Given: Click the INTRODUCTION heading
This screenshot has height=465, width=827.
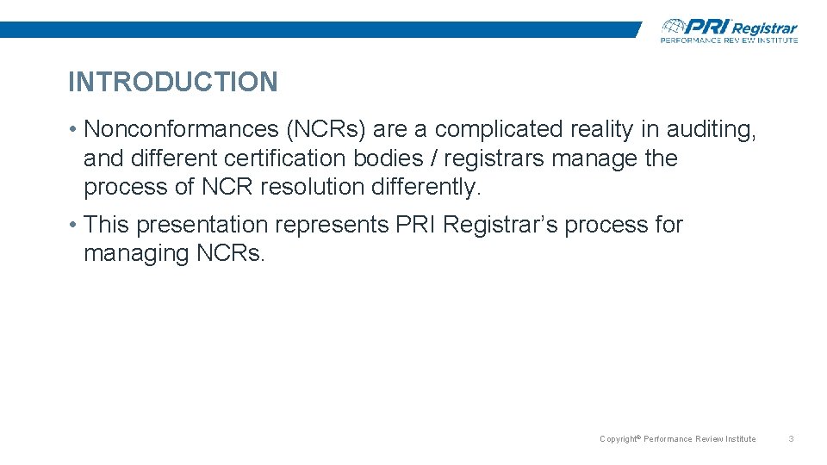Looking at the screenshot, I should [172, 83].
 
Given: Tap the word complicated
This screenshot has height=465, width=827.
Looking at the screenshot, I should [499, 129].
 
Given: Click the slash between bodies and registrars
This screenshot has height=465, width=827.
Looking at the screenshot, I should [432, 158].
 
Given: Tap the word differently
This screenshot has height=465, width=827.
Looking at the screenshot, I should [426, 188].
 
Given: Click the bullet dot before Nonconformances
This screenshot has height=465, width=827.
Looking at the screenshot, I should [76, 130].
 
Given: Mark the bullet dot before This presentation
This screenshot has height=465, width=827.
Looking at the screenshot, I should [76, 226].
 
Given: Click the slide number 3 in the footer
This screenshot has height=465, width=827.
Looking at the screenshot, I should [791, 439].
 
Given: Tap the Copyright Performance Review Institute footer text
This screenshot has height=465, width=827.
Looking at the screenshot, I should [677, 439].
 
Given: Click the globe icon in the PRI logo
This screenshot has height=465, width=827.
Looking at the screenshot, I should [675, 27].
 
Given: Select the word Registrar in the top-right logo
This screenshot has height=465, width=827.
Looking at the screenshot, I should [764, 28].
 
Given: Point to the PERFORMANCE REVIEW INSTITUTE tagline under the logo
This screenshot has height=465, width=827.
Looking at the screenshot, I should [729, 40].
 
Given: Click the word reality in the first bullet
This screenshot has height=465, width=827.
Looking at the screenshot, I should [603, 129].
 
